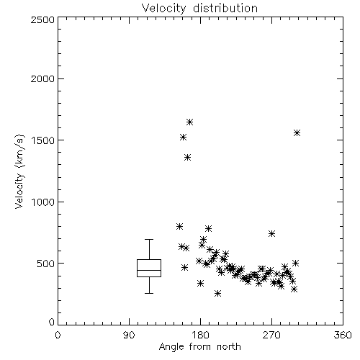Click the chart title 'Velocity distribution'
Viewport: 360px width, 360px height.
[199, 8]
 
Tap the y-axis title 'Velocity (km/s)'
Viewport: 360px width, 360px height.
[19, 171]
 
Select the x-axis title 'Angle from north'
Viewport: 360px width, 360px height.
[199, 347]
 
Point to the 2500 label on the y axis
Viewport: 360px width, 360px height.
[42, 19]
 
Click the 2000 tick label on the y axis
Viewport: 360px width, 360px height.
[42, 78]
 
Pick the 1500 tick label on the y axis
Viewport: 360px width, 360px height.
[43, 140]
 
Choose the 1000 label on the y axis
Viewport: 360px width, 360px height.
[43, 202]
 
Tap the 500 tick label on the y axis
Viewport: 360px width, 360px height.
[45, 264]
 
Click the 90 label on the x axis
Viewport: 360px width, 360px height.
[129, 335]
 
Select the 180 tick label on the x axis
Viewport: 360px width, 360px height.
[200, 335]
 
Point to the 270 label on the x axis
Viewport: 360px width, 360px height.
[271, 335]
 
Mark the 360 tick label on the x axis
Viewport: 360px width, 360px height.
[343, 335]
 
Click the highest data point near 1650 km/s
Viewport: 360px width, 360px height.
[189, 122]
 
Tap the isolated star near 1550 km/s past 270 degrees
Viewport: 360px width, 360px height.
[297, 133]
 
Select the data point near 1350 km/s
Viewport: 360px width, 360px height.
[188, 158]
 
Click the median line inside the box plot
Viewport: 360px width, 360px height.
[149, 270]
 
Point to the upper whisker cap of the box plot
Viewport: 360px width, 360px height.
[149, 239]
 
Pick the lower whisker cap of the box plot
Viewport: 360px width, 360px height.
[149, 293]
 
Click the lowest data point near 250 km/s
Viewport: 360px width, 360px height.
[217, 293]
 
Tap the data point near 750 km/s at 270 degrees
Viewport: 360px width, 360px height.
[271, 233]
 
